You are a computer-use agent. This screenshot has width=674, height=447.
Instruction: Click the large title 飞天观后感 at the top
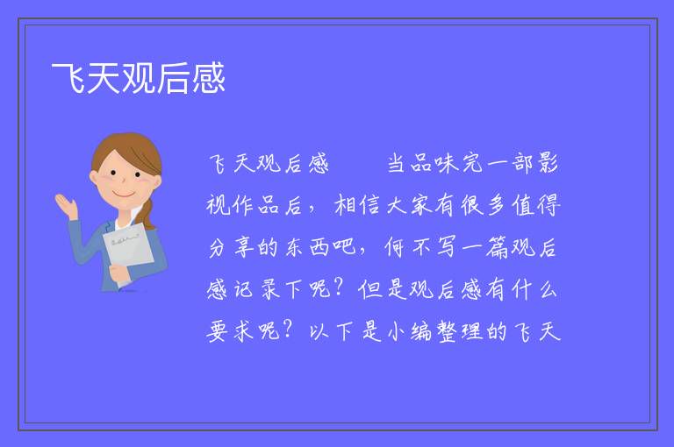pos(139,78)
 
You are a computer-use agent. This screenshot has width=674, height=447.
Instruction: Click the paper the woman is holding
pos(127,249)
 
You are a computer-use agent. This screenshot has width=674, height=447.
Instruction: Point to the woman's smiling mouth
pos(124,195)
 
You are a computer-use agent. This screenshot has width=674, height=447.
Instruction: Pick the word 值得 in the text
pos(536,205)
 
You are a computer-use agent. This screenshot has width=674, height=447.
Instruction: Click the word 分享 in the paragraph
pos(232,248)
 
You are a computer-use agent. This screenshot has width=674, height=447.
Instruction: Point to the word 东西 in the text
pos(307,248)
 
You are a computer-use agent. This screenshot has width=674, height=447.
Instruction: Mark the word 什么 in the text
pos(534,290)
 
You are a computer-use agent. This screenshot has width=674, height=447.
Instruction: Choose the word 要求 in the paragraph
pos(232,332)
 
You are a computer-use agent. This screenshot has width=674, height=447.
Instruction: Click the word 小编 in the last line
pos(410,332)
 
